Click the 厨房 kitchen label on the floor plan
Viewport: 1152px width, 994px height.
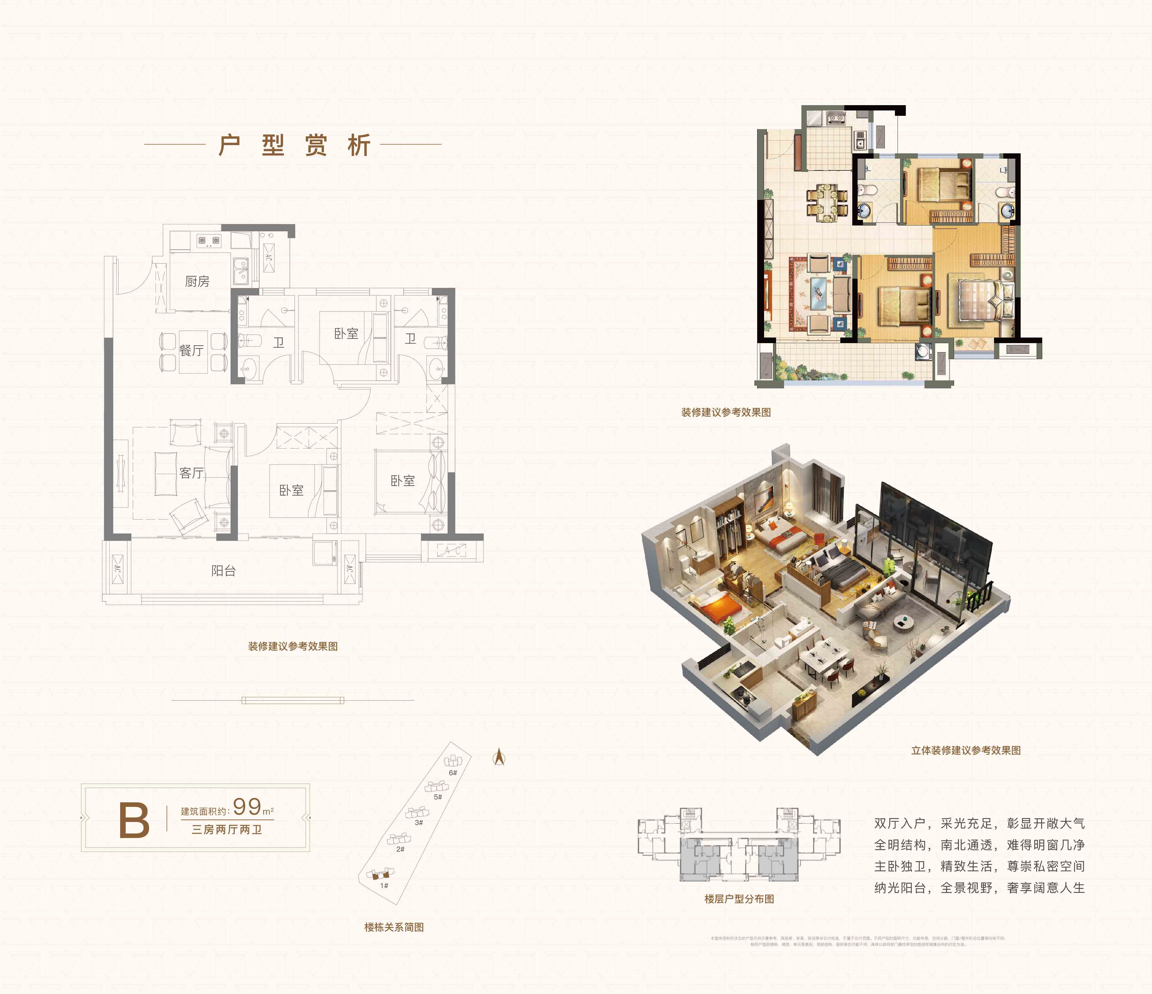point(197,282)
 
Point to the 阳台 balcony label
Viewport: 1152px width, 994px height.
point(224,571)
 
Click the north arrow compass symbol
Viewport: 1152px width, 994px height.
point(499,757)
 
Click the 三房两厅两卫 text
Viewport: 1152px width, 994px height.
point(227,829)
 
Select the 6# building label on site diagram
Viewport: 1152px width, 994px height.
point(453,773)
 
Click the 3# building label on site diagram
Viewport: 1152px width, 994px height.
point(419,822)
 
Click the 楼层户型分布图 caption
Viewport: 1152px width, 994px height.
point(739,899)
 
